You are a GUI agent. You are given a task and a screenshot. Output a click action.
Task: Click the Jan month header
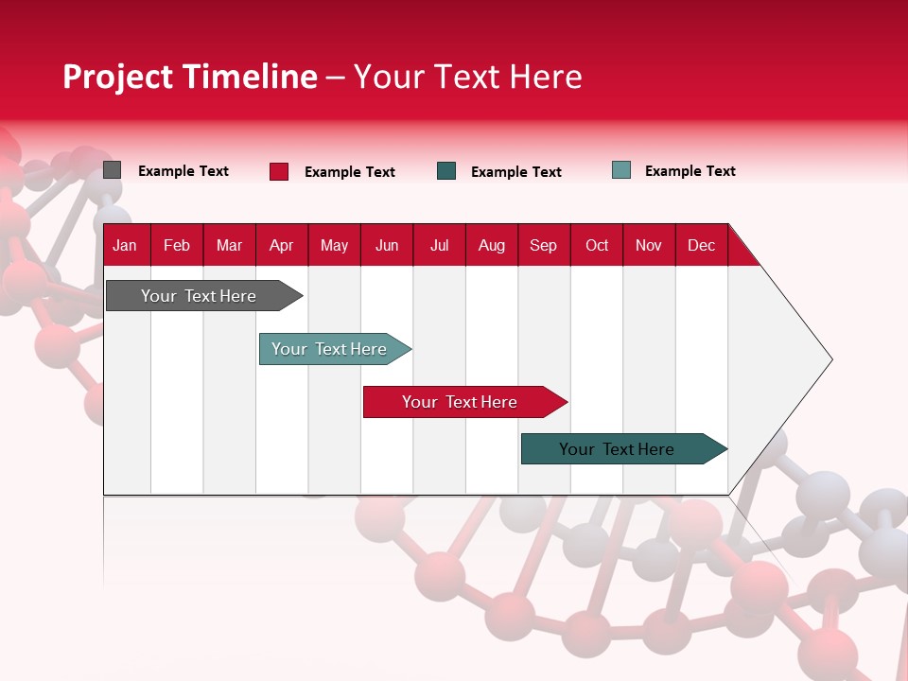[125, 245]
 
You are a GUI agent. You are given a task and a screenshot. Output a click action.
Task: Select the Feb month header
[177, 245]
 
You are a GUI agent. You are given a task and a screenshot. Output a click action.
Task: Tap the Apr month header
[281, 245]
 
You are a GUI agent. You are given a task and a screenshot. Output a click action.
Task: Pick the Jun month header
[387, 245]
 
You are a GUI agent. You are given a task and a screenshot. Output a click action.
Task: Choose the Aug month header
[492, 245]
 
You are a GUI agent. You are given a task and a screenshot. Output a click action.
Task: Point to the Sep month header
[543, 245]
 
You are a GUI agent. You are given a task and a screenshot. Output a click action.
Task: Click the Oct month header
[597, 245]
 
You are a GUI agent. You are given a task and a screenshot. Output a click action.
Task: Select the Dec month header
[701, 245]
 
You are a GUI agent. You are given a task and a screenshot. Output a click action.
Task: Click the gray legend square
[113, 170]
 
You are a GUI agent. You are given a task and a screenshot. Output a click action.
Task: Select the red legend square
[279, 171]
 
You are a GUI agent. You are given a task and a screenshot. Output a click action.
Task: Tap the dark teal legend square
[446, 171]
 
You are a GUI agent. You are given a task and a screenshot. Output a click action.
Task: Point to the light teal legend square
[621, 170]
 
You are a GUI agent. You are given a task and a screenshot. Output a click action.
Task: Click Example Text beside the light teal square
[690, 171]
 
